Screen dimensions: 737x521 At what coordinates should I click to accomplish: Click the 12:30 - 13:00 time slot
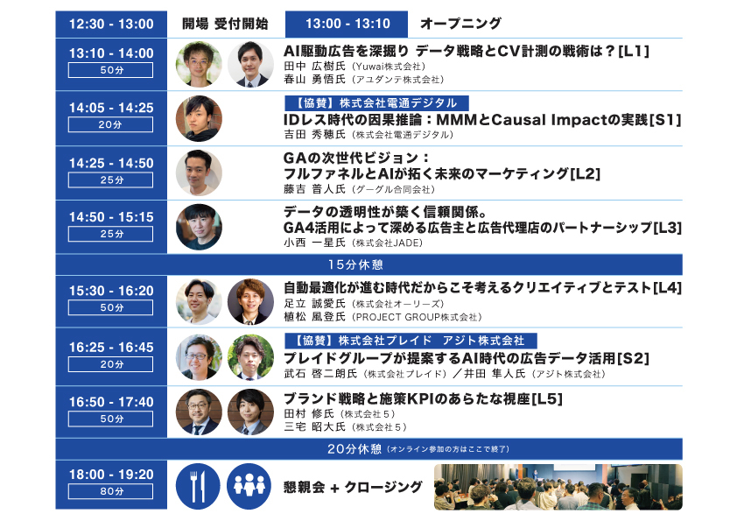111,24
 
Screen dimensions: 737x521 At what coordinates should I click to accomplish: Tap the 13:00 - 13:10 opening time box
347,24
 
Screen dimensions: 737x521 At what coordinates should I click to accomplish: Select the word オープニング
460,24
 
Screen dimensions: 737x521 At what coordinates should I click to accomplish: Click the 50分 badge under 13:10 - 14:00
110,70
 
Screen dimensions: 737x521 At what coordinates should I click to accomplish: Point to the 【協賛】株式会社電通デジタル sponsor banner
376,103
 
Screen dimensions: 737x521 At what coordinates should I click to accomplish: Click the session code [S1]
665,120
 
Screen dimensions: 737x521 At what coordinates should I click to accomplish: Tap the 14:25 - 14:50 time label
111,163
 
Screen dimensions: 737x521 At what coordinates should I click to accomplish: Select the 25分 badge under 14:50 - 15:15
110,234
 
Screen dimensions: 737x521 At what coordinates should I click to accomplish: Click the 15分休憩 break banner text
355,264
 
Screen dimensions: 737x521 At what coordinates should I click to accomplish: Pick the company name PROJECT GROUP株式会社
417,317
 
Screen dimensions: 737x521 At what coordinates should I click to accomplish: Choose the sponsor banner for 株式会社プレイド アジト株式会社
411,341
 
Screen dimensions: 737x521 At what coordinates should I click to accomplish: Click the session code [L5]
547,398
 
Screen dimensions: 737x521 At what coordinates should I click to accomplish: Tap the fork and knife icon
198,486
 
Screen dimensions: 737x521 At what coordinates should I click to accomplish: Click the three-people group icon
249,486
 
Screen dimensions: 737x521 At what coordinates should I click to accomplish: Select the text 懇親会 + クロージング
353,487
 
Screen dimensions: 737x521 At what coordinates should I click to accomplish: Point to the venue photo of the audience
558,487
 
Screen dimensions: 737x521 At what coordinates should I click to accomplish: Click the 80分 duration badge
110,491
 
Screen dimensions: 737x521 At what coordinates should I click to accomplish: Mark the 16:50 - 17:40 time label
111,402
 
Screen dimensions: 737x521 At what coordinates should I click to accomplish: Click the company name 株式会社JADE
390,243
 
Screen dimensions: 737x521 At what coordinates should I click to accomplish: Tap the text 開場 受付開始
225,24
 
